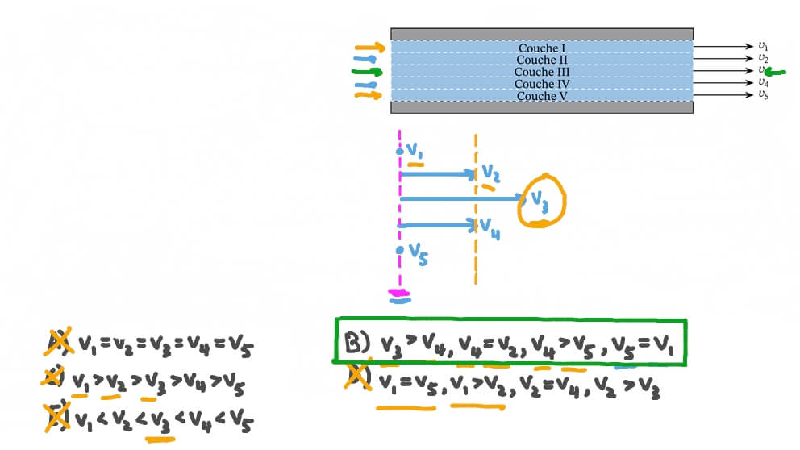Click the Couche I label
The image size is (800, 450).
point(542,48)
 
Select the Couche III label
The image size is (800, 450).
point(542,72)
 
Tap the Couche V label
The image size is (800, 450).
point(542,96)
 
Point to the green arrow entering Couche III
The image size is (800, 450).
point(368,72)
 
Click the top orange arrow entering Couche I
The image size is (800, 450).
point(369,48)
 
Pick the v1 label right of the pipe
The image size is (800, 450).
point(763,46)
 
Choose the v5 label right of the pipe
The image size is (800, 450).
point(763,94)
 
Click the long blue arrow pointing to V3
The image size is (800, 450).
point(461,198)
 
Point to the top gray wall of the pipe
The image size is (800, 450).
point(542,34)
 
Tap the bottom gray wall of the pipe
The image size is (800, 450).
point(542,107)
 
